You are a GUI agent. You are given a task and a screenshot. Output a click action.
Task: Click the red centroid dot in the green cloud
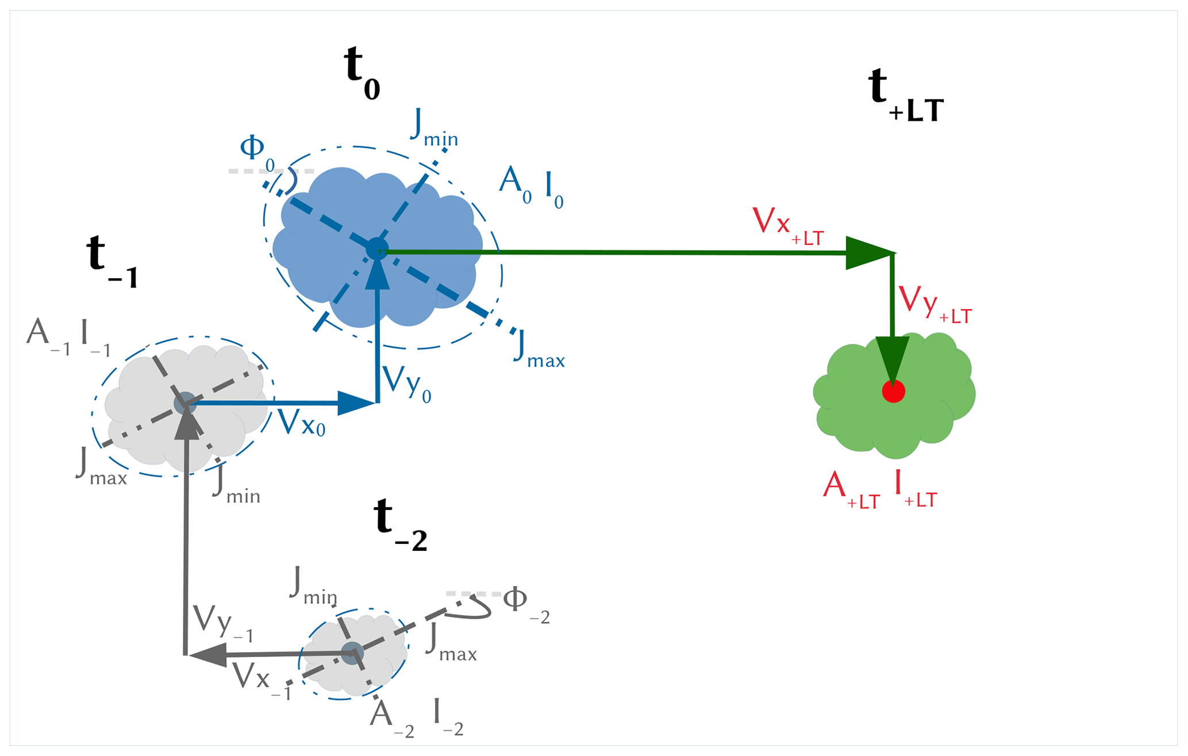pyautogui.click(x=893, y=392)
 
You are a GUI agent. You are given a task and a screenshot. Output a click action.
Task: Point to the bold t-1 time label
pyautogui.click(x=112, y=262)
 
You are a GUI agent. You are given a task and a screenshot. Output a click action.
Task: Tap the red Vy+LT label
pyautogui.click(x=934, y=304)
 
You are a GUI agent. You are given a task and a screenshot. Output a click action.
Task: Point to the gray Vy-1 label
pyautogui.click(x=222, y=624)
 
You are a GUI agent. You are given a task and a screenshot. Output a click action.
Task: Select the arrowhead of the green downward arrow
pyautogui.click(x=893, y=359)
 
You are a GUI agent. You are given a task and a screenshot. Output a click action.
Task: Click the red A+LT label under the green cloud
pyautogui.click(x=851, y=490)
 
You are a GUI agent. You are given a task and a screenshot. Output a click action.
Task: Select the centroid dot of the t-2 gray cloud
pyautogui.click(x=352, y=654)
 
